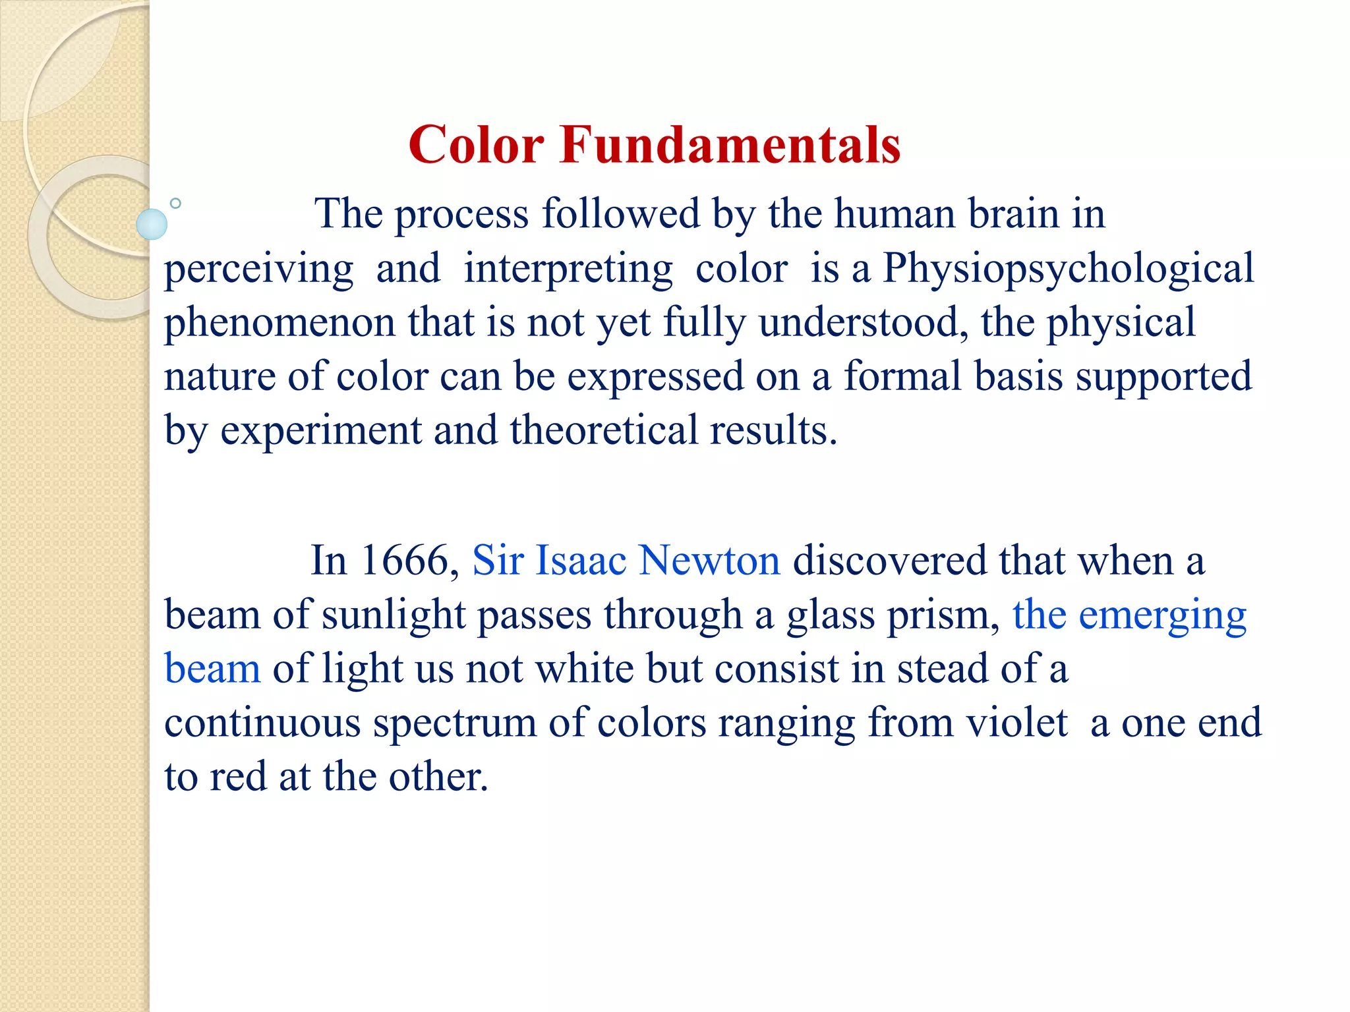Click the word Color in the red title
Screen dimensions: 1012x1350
click(x=476, y=145)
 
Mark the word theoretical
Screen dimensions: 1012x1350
click(x=603, y=431)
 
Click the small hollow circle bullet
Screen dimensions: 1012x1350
click(x=175, y=204)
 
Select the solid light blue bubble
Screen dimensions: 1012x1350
click(x=152, y=224)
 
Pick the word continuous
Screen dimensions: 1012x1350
click(x=262, y=723)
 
